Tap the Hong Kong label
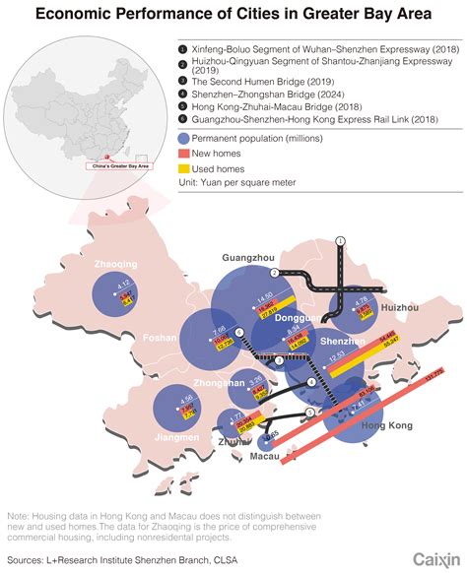click(388, 425)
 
